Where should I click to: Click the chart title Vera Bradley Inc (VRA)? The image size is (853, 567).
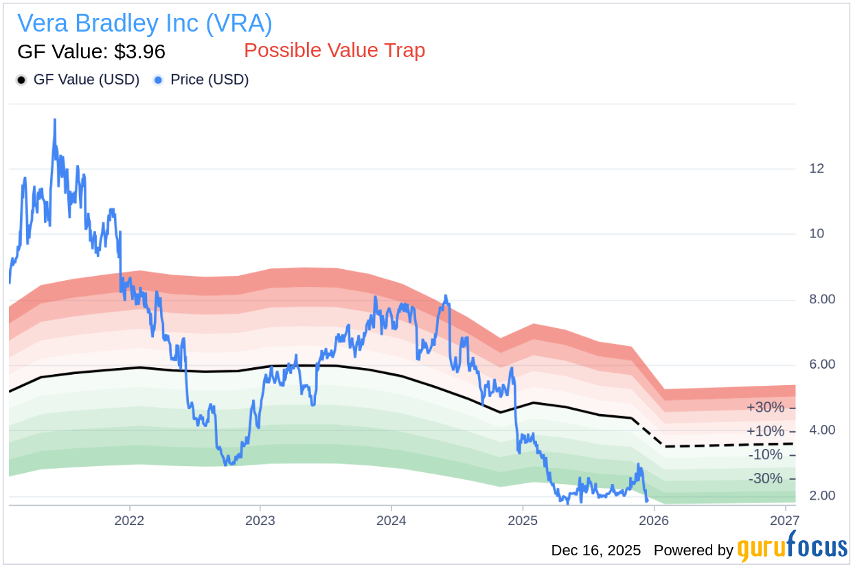tap(144, 23)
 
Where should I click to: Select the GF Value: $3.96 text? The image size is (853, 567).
tap(91, 51)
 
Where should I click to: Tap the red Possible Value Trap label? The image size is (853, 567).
tap(334, 50)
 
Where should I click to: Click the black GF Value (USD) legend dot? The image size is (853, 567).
tap(21, 80)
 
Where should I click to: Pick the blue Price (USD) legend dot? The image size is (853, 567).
tap(159, 80)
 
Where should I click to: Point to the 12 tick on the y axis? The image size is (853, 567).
tap(816, 168)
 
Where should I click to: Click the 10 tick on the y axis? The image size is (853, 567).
tap(816, 233)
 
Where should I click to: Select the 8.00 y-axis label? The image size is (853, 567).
tap(821, 299)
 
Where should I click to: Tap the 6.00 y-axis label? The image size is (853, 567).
tap(821, 364)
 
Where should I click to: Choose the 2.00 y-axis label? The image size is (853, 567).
tap(821, 496)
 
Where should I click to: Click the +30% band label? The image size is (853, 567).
tap(765, 408)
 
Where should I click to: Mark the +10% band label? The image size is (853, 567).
tap(765, 431)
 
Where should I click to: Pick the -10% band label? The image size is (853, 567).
tap(766, 454)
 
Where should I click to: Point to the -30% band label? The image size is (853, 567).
tap(766, 478)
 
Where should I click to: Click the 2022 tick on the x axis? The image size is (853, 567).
tap(129, 520)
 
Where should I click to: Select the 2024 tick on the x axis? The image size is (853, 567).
tap(391, 520)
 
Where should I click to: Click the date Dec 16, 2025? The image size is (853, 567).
tap(595, 551)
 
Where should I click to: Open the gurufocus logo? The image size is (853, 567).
tap(792, 548)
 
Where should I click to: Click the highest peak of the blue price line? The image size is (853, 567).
tap(54, 119)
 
